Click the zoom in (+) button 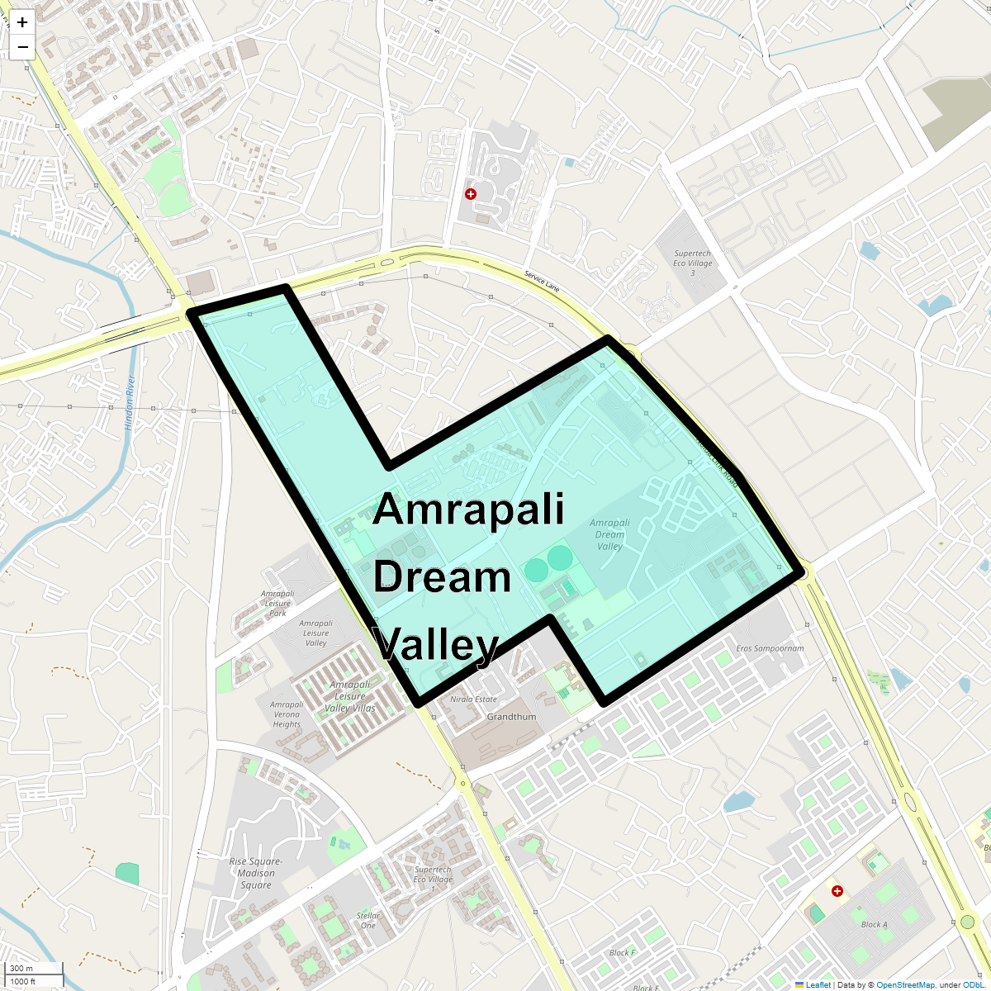point(22,22)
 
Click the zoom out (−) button point(22,47)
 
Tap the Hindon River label point(130,403)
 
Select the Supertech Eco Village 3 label point(692,263)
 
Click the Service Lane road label point(542,282)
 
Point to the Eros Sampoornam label point(770,648)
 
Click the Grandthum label point(511,717)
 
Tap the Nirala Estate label point(473,699)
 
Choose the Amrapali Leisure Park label point(277,604)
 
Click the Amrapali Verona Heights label point(287,714)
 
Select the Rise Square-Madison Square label point(256,873)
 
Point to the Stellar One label point(368,920)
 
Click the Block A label point(874,924)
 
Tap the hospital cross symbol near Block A point(837,891)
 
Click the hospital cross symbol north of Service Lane point(471,194)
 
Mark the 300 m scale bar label point(22,968)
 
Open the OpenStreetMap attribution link point(905,985)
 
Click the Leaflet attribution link point(818,985)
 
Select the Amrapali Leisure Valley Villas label point(350,696)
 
